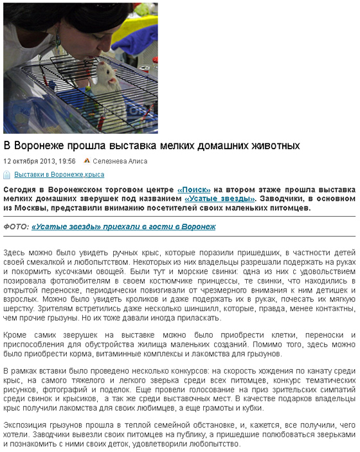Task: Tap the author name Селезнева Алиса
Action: pos(120,161)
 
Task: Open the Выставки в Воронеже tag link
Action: pos(49,175)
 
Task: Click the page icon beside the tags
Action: pos(7,175)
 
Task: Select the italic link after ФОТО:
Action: pos(123,227)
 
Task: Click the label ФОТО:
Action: pos(16,227)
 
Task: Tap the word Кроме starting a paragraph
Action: pos(15,336)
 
